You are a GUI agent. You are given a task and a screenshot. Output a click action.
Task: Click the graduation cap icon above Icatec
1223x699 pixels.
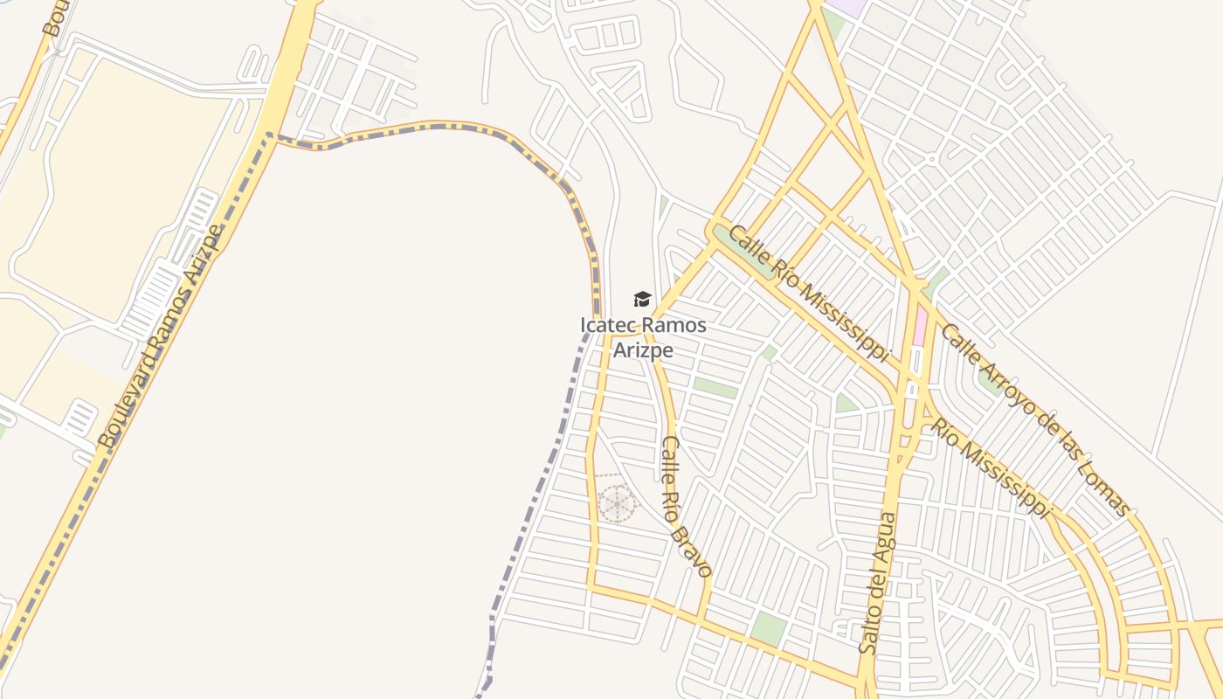(x=643, y=300)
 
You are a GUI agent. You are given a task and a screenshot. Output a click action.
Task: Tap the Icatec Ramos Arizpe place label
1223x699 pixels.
(x=643, y=337)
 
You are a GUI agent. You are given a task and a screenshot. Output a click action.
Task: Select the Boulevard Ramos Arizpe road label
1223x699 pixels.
(x=162, y=336)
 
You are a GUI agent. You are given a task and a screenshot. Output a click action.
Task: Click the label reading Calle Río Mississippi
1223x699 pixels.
(x=809, y=294)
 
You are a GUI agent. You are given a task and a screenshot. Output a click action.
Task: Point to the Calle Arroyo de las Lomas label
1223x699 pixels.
(x=1034, y=419)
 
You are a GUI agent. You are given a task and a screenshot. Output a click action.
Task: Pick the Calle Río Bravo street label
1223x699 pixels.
(x=686, y=506)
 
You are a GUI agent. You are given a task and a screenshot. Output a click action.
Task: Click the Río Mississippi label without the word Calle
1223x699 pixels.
(x=991, y=467)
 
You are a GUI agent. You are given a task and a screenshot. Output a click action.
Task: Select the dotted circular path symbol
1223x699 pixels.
(x=617, y=502)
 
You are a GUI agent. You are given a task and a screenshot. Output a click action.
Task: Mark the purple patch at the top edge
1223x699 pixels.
(x=846, y=6)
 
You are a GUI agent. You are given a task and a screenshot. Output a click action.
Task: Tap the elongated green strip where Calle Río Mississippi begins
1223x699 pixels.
(x=743, y=251)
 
